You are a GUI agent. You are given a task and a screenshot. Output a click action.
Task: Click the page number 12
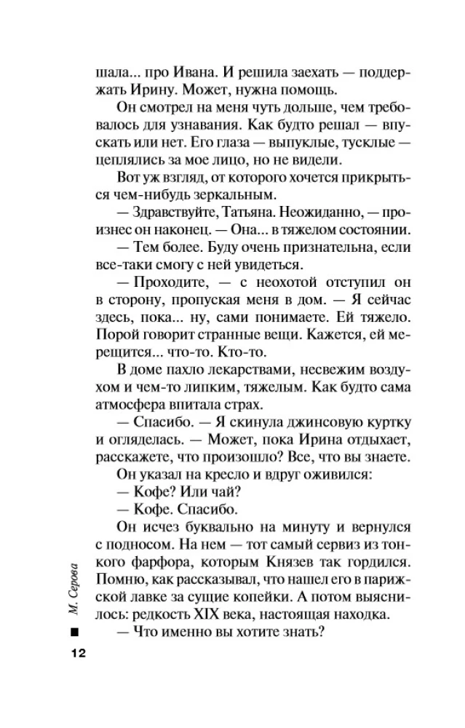(78, 652)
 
